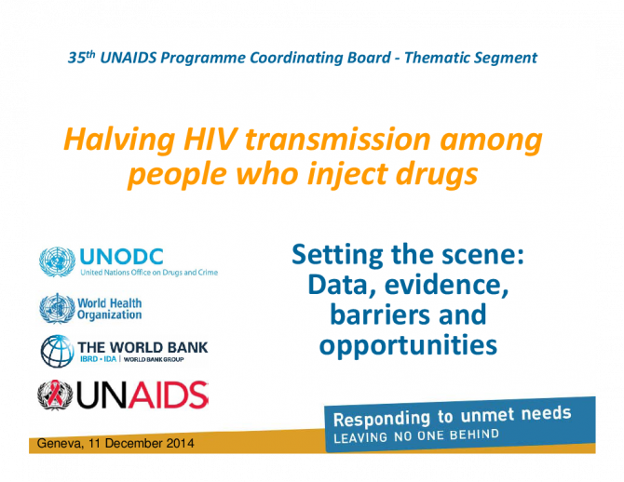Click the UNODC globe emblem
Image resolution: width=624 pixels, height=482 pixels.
pos(57,261)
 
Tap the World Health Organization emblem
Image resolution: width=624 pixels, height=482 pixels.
pos(57,308)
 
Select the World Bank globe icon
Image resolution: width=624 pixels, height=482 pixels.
pos(58,351)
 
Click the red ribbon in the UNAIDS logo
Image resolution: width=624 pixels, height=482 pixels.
pos(55,394)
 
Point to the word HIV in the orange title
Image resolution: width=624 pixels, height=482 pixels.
pos(210,140)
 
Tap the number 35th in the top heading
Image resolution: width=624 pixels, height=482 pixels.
pos(82,58)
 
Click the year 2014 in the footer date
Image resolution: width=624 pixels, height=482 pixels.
pos(181,443)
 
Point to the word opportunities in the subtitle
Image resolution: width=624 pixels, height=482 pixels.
pos(408,345)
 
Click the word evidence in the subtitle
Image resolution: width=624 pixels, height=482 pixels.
pos(446,285)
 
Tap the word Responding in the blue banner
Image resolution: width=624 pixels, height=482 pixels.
pos(382,419)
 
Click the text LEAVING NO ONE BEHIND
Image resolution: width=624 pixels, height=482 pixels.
pos(416,435)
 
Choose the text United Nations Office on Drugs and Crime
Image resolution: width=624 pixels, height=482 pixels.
pos(149,273)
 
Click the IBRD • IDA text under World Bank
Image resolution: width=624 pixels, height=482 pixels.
pos(99,359)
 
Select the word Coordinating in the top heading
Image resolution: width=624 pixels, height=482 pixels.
pos(320,58)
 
